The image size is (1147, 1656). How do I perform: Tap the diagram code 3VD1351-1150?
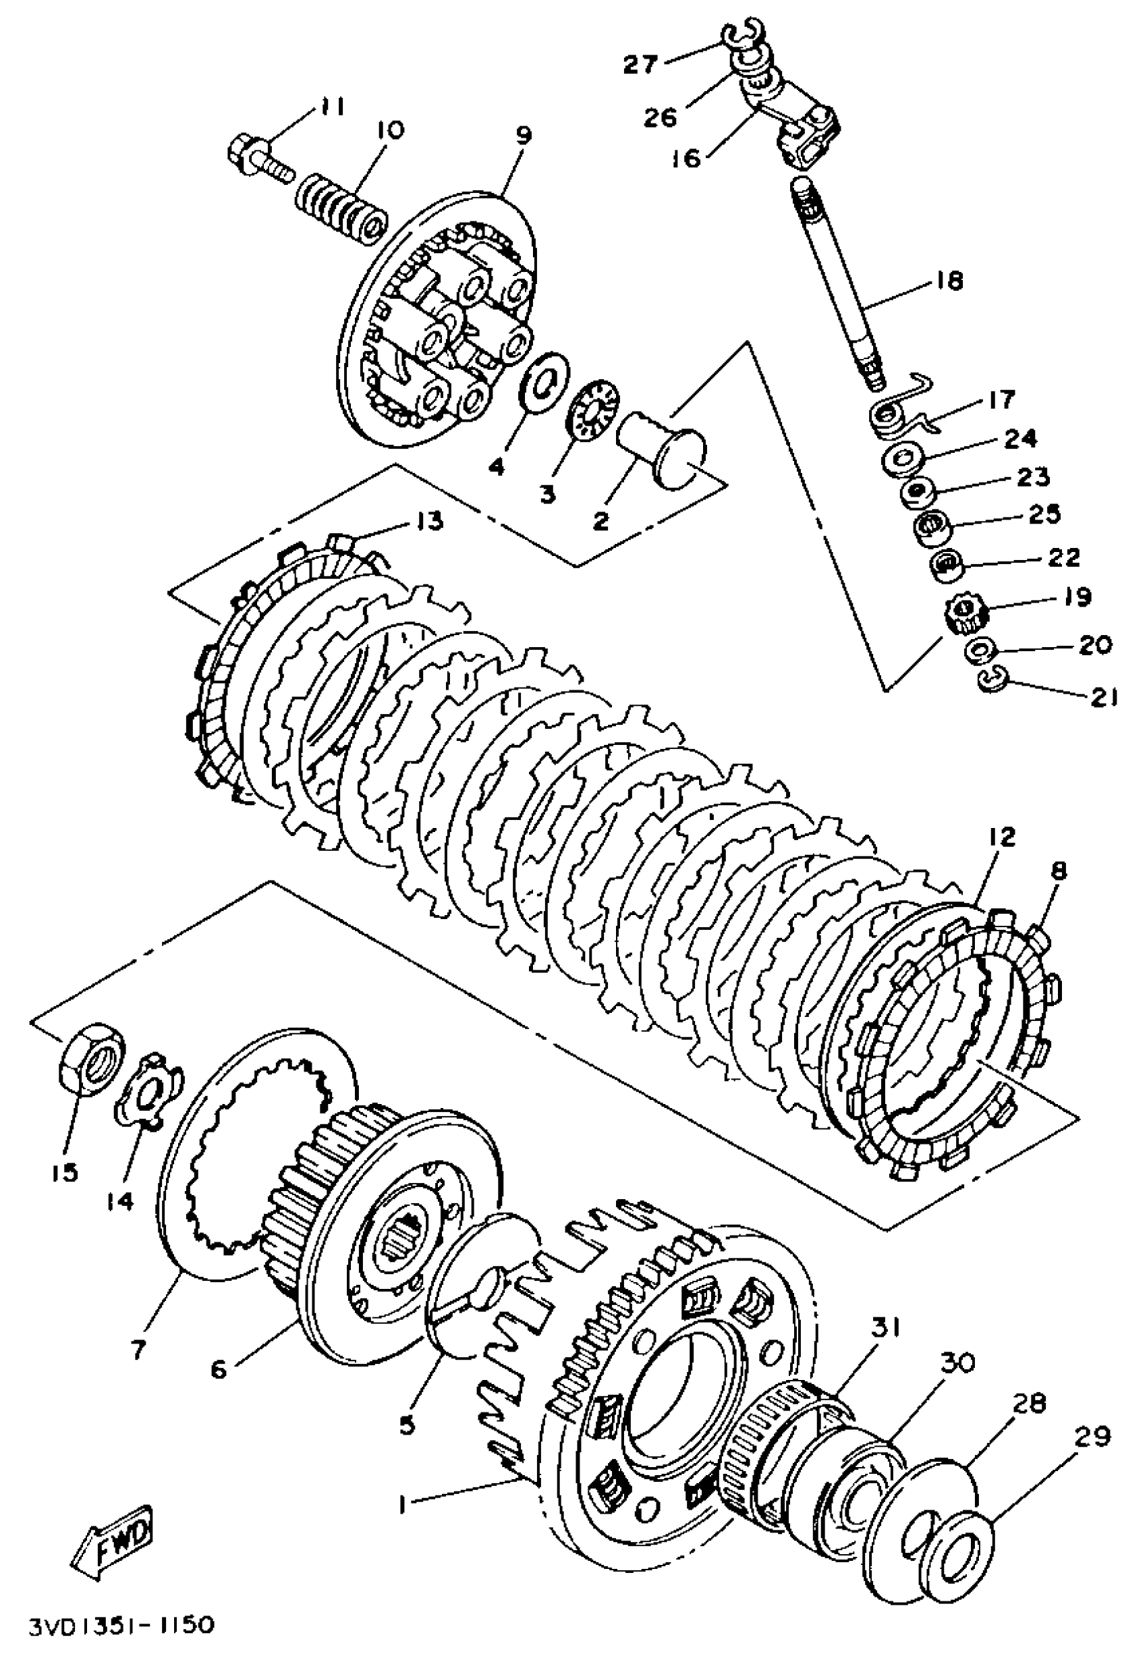(121, 1624)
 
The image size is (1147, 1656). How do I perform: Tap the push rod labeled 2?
(665, 445)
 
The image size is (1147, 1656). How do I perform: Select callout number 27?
(640, 64)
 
